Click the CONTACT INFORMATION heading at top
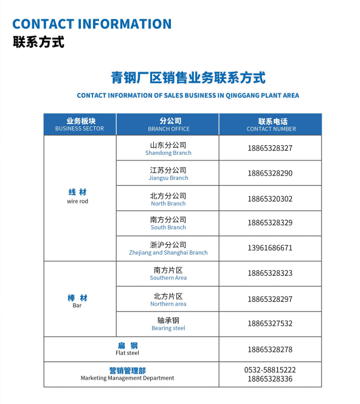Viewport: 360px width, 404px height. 92,24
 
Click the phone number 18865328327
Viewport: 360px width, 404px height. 270,148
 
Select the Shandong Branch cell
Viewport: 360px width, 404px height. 168,148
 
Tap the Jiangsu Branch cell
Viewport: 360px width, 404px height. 168,174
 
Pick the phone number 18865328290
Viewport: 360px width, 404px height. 270,174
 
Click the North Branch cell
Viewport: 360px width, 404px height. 168,199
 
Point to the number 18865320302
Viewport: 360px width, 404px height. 270,199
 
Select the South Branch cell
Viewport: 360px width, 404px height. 168,223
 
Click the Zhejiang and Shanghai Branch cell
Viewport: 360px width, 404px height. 168,248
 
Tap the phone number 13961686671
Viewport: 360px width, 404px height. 270,248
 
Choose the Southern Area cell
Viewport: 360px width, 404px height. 168,273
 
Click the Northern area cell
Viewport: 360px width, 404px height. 168,300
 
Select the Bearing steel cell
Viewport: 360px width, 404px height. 168,324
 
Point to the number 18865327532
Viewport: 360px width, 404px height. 270,324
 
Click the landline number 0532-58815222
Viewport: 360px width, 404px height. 270,369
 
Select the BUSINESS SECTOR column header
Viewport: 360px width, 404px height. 80,125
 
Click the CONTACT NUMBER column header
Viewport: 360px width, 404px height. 271,125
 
